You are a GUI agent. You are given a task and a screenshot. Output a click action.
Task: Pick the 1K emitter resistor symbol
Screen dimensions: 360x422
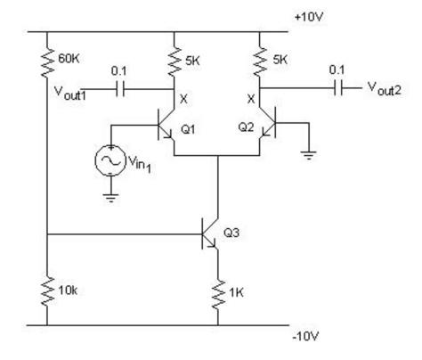click(x=217, y=290)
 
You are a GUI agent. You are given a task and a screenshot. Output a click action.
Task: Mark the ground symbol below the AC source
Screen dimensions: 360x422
click(x=110, y=196)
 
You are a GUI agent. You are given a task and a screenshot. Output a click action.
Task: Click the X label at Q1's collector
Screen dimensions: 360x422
click(x=183, y=100)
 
